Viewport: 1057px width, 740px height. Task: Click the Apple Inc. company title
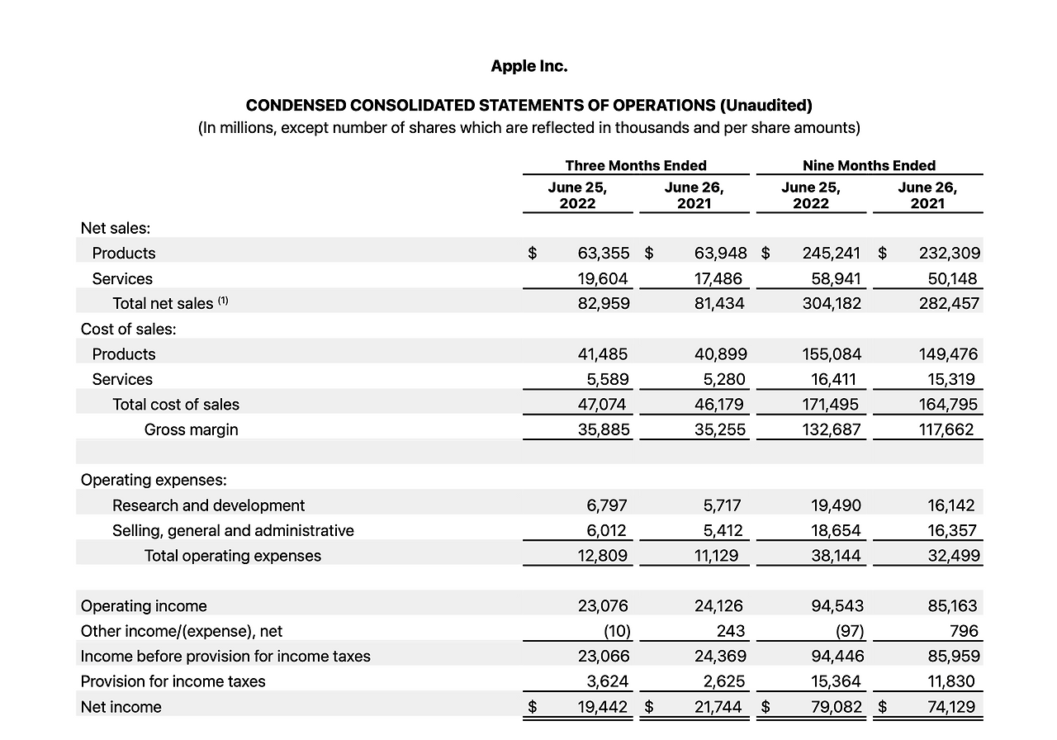pos(528,66)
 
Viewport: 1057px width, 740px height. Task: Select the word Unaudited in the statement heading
pos(765,106)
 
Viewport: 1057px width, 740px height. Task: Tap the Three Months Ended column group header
pos(635,165)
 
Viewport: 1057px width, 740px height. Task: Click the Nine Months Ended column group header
pos(869,165)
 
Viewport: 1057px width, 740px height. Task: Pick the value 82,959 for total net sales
pos(603,304)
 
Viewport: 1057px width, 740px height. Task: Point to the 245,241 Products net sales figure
pos(831,254)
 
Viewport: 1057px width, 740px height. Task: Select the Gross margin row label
pos(191,429)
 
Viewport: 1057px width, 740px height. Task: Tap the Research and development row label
pos(208,505)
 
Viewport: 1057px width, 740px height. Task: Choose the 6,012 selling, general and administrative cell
pos(604,531)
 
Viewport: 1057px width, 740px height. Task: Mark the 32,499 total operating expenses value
pos(954,556)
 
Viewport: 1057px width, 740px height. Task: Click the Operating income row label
pos(144,606)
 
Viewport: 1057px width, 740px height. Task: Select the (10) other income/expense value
pos(617,632)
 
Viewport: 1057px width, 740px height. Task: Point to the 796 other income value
pos(964,632)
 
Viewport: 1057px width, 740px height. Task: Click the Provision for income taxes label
pos(173,682)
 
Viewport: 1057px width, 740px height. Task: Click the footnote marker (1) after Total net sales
pos(223,301)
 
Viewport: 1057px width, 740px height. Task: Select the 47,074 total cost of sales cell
pos(603,405)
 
